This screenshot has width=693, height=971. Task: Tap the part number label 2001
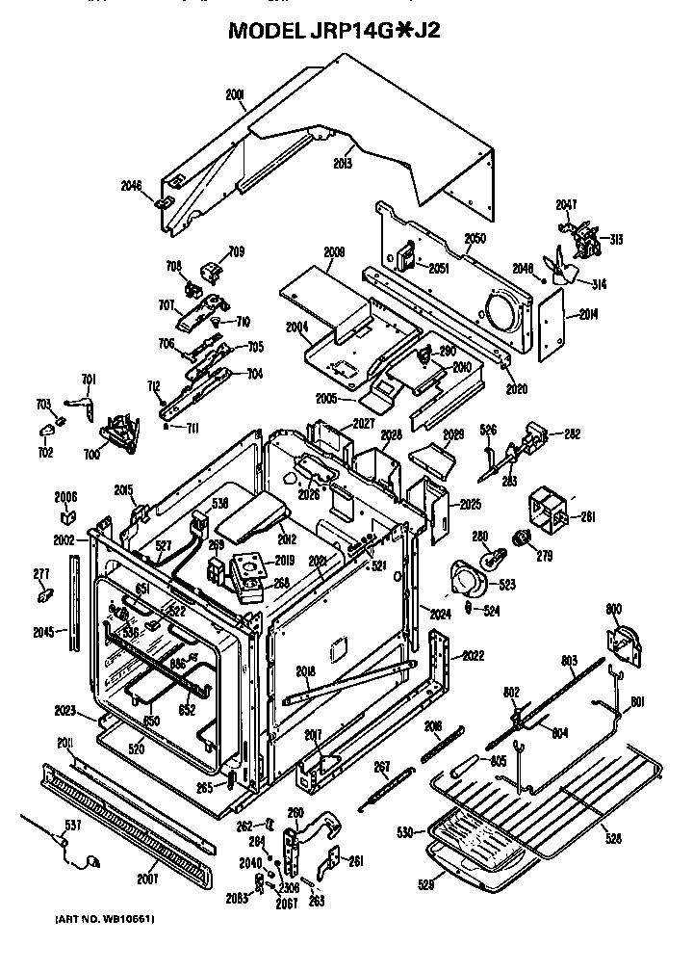(235, 94)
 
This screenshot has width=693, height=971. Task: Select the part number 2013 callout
(342, 164)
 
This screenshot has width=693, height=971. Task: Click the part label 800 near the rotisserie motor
(613, 609)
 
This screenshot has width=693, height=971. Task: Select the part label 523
(506, 584)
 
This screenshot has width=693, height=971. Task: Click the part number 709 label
(236, 252)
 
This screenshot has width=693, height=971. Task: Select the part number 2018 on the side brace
(305, 670)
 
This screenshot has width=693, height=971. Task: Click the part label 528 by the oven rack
(612, 839)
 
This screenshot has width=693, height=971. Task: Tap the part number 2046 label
(132, 186)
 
